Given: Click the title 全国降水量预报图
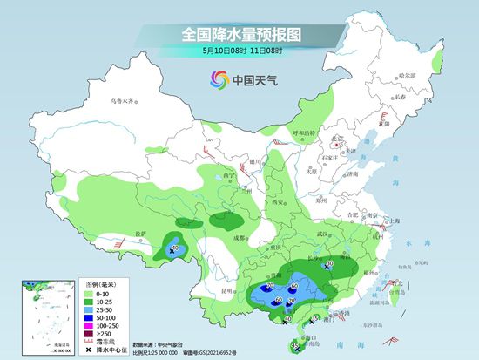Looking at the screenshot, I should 239,34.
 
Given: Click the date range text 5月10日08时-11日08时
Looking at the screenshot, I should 239,51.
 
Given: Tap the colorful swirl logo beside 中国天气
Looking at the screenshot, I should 216,80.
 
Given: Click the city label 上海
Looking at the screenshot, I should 395,222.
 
